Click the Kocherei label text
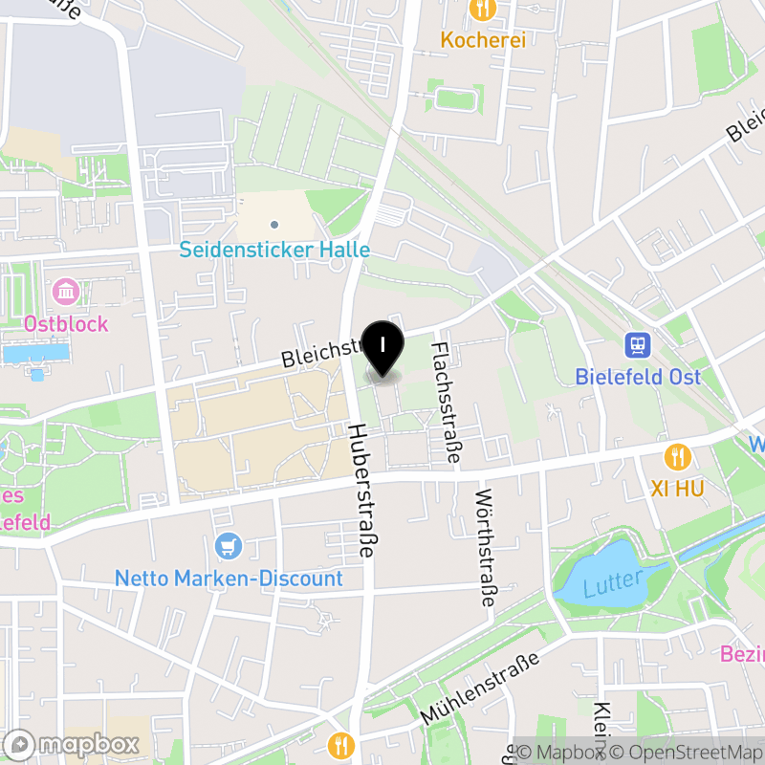483,40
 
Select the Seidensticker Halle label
274,250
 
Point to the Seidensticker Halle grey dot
274,225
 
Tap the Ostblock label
66,323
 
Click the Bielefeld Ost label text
638,376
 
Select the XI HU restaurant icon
678,456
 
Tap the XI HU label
677,489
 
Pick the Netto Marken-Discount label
229,579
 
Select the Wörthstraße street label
486,549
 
